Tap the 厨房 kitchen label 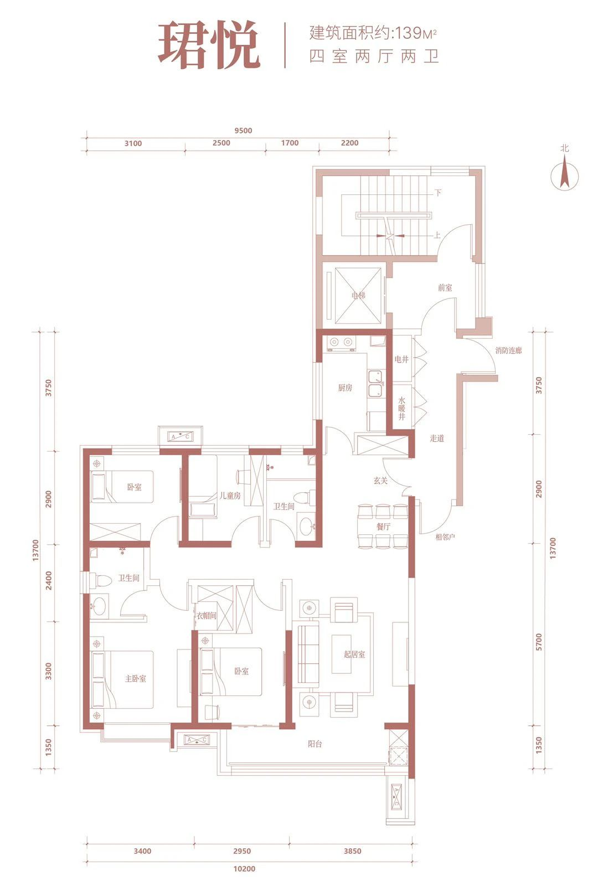tap(345, 388)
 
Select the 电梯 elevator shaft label tap(358, 296)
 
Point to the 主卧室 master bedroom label tap(136, 679)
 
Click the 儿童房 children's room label tap(230, 496)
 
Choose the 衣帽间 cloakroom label tap(207, 616)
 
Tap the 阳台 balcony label tap(315, 744)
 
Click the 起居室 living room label tap(354, 654)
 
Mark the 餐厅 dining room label tap(383, 527)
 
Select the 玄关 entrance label tap(380, 481)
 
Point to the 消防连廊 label tap(508, 350)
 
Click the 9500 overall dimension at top tap(243, 131)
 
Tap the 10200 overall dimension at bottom tap(244, 869)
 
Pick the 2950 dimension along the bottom tap(242, 851)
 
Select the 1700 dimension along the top tap(290, 143)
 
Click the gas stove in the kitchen tap(342, 343)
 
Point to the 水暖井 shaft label tap(401, 408)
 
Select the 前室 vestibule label tap(445, 288)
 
